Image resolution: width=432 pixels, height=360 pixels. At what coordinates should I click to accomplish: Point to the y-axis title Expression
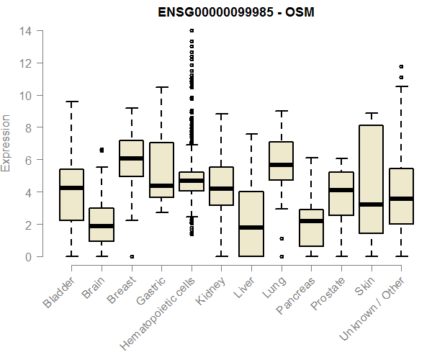tap(6, 143)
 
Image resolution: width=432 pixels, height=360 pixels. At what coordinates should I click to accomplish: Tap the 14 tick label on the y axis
tap(25, 31)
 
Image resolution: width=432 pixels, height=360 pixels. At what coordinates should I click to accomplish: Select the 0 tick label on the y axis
tap(28, 256)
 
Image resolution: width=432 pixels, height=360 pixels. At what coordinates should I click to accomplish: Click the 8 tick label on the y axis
tap(28, 127)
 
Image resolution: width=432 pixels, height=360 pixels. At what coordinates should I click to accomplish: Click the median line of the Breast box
tap(131, 158)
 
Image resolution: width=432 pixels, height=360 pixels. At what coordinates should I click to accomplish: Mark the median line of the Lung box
tap(281, 165)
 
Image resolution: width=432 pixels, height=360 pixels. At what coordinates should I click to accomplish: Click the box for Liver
tap(251, 224)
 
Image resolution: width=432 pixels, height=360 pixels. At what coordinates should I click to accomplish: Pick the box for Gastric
tap(161, 170)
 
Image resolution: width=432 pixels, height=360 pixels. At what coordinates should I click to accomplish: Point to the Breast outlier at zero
tap(131, 256)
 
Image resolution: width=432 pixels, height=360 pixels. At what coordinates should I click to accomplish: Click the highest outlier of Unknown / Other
tap(401, 66)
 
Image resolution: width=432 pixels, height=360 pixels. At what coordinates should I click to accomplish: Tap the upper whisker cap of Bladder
tap(71, 102)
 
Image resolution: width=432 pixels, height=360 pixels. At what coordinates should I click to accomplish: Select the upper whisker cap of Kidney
tap(221, 114)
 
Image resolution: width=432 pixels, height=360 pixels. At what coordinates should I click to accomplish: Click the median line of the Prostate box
tap(341, 190)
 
